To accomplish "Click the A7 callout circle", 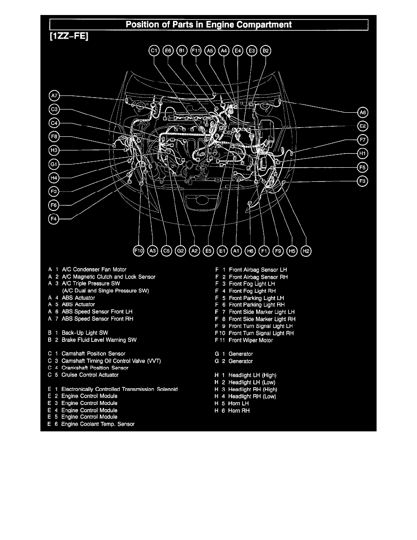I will pos(54,96).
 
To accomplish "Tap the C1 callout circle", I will pos(154,51).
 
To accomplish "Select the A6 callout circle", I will pos(362,112).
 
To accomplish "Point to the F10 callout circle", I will pos(138,250).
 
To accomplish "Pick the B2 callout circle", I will pos(266,51).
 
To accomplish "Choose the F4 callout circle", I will pos(54,219).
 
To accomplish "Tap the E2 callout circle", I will pos(362,126).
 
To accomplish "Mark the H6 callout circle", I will pos(250,250).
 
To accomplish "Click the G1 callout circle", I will pos(54,164).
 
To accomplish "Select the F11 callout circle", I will pos(196,51).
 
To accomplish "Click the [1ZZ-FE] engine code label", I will pos(68,36).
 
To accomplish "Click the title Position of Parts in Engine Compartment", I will pos(208,25).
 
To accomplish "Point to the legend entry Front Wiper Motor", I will pos(251,340).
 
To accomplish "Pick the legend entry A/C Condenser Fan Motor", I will pos(94,270).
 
